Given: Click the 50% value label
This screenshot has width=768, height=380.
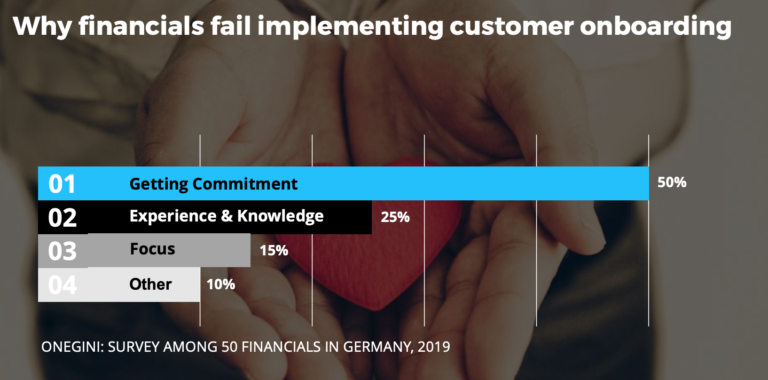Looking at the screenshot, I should pos(672,182).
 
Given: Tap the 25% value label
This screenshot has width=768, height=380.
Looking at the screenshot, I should pos(395,217).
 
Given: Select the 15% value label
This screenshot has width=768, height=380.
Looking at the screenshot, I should pos(274,250).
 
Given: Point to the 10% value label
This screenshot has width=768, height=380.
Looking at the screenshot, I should pos(220,284).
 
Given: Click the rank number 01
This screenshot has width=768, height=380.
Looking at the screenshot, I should pos(62,184).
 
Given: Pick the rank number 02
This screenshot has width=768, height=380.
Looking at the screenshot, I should pos(62,218).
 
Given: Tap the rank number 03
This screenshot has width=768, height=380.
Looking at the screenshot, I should pos(62,251).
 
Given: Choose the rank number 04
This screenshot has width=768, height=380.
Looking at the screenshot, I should pos(62,285).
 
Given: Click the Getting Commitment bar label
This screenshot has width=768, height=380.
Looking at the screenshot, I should pos(213,184).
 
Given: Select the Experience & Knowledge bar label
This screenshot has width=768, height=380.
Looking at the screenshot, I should pos(226,216).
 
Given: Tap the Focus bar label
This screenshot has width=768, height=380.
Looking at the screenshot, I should pos(152,249).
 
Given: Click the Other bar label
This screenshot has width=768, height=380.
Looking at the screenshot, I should pos(150,284).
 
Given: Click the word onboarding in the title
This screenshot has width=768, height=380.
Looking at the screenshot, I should pos(655,26).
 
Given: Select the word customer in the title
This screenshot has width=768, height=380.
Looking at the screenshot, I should pos(511,26).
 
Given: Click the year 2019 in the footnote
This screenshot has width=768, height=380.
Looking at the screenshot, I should pos(434,347).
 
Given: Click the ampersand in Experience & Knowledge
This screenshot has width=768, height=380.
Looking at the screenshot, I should pos(227,216).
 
